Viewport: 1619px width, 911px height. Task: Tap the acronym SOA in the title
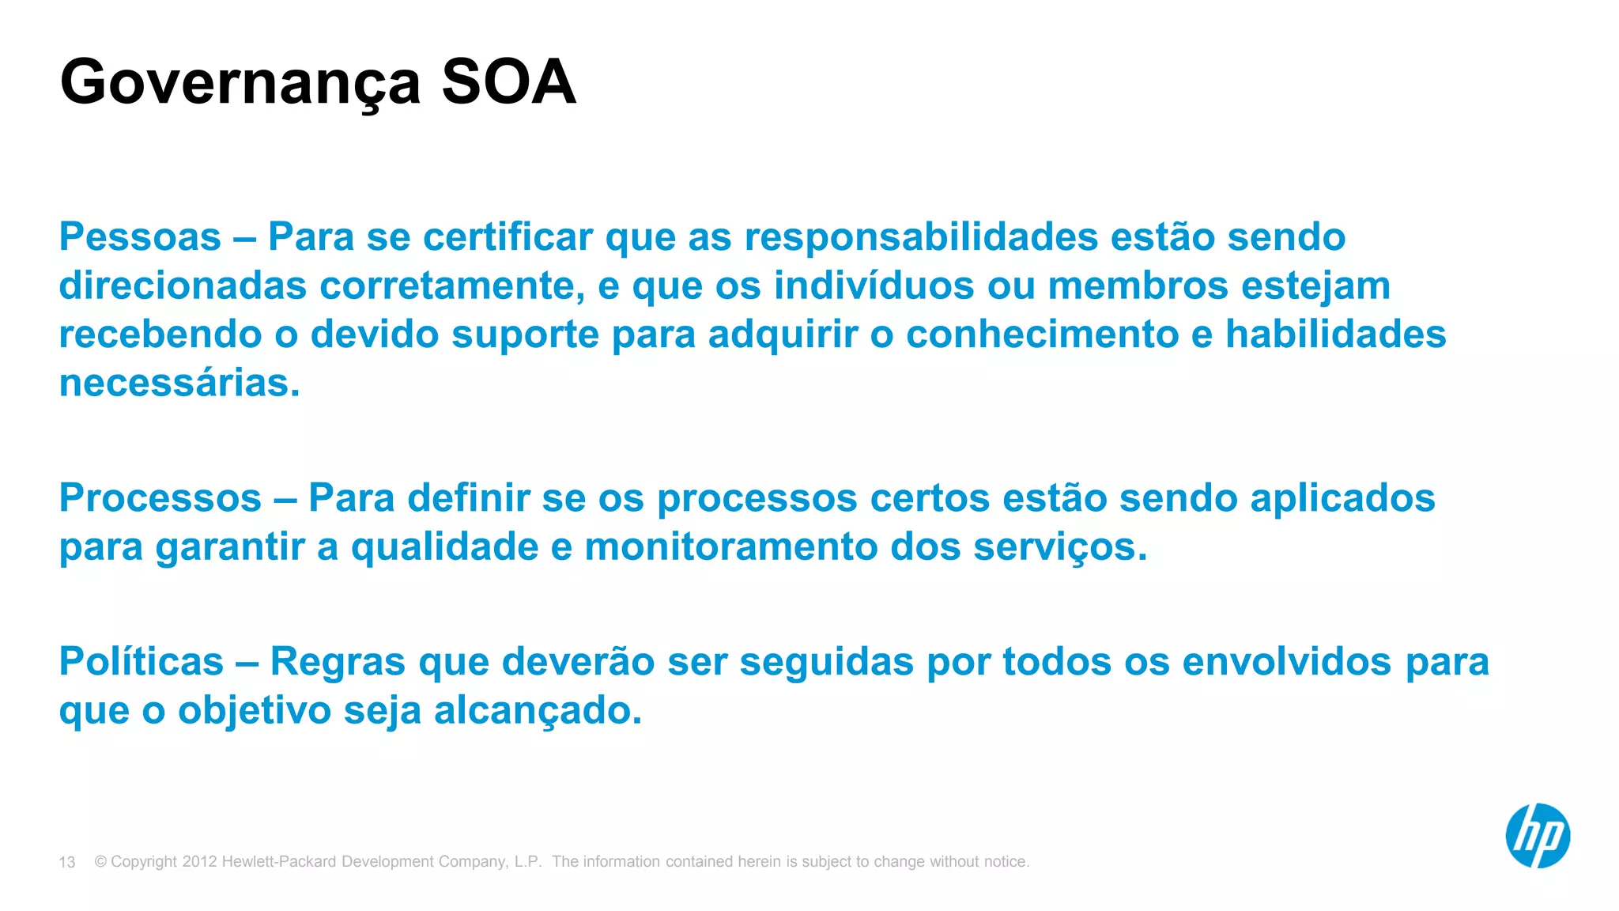coord(508,81)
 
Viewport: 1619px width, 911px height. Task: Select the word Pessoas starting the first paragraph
coord(140,236)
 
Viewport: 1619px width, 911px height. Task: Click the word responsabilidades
coord(921,236)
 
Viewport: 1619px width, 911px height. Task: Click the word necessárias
coord(179,383)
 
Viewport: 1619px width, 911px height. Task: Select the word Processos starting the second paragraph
coord(160,498)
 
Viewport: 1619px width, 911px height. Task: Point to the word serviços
coord(1059,547)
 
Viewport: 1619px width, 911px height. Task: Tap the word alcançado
coord(538,710)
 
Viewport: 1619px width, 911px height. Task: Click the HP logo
coord(1537,836)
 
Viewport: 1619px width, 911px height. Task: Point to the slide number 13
coord(67,862)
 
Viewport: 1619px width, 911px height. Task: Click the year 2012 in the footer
coord(199,861)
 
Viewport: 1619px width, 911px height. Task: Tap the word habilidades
coord(1335,334)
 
